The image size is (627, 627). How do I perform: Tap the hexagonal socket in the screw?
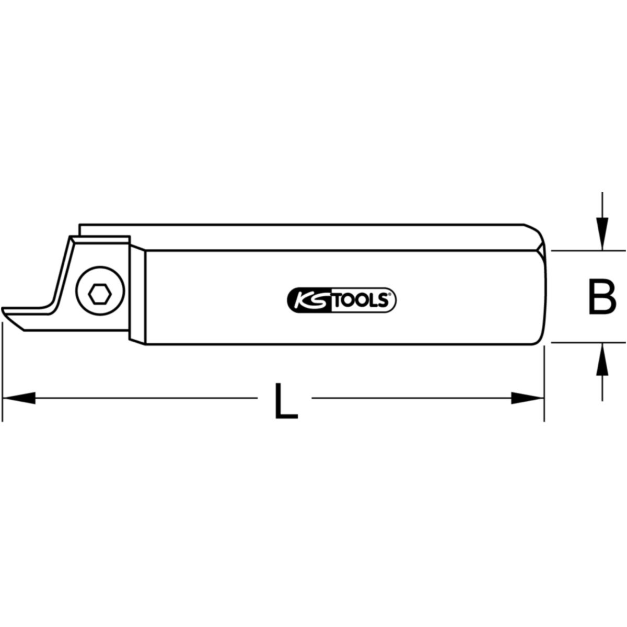pyautogui.click(x=100, y=295)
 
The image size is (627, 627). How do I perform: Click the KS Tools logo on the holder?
pyautogui.click(x=342, y=300)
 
